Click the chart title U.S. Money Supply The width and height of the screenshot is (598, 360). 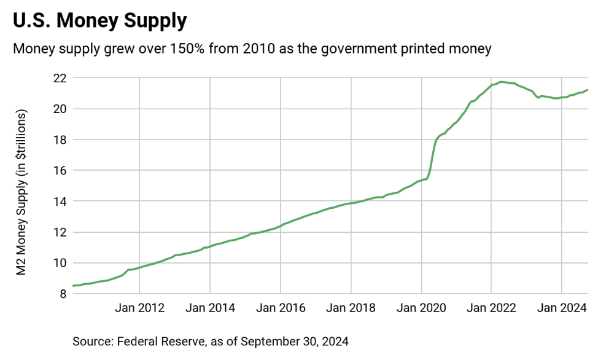[x=99, y=21]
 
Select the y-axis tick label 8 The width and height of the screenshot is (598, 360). [x=63, y=294]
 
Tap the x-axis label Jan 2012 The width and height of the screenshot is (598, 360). [x=139, y=308]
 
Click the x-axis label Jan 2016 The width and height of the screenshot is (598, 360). [x=281, y=308]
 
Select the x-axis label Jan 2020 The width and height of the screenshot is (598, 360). [x=421, y=308]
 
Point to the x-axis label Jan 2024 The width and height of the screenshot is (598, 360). [x=562, y=308]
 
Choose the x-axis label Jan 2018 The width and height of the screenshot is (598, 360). [x=351, y=308]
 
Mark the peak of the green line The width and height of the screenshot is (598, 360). [x=502, y=82]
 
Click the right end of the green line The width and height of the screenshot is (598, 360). [x=588, y=90]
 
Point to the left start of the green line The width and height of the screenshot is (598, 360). [x=73, y=286]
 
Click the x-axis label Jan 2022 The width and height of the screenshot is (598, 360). [x=492, y=308]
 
